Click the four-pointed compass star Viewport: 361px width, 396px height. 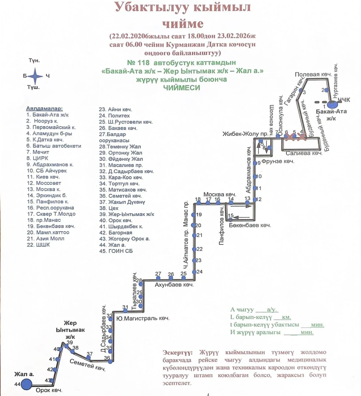(35, 76)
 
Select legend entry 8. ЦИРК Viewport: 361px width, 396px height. (37, 158)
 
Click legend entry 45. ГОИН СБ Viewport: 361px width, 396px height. (116, 251)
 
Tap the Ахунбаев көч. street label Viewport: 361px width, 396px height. (174, 285)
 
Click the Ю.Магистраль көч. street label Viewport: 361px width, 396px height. (143, 318)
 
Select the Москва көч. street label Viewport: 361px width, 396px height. (220, 194)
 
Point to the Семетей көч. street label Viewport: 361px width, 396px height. (88, 365)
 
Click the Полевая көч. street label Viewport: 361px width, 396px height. (313, 74)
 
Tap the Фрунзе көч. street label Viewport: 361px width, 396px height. (278, 161)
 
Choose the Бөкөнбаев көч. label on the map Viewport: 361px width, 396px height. (250, 225)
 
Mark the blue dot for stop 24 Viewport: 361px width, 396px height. (194, 272)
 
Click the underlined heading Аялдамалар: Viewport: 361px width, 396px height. (44, 109)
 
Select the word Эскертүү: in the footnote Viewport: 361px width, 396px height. (177, 352)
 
